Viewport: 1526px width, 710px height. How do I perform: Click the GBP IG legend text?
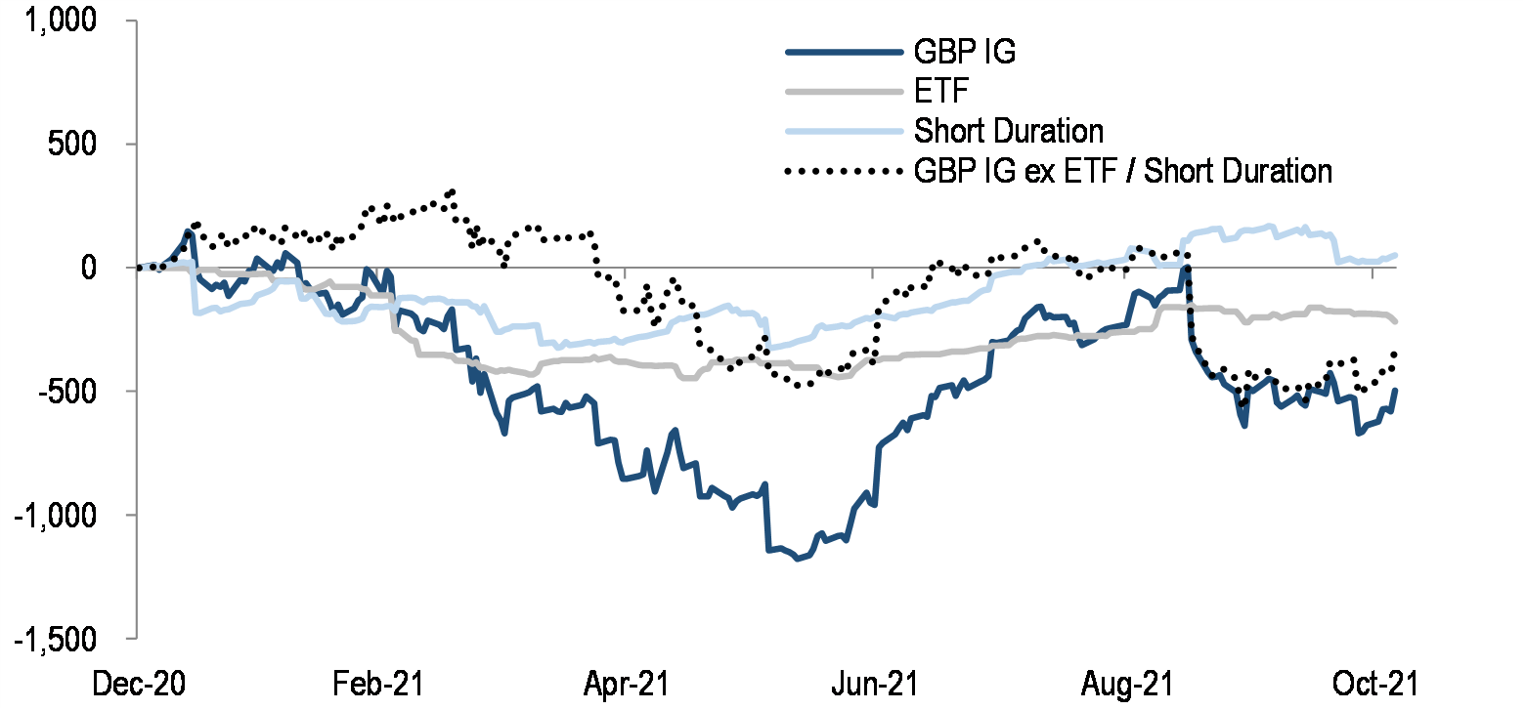964,52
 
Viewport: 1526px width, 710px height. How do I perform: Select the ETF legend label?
937,92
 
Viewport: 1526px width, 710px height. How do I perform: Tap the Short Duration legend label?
1008,131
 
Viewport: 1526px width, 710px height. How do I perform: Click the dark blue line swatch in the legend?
842,52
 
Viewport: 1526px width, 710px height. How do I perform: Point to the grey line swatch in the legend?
842,92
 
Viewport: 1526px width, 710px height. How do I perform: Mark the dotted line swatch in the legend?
842,171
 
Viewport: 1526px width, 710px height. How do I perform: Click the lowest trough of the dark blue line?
799,559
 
